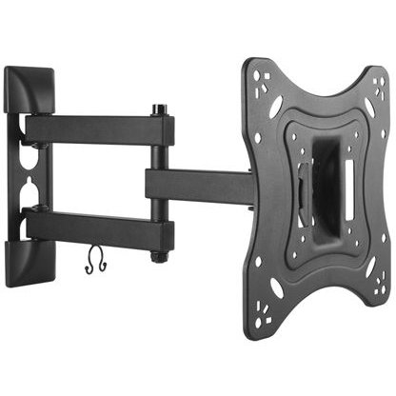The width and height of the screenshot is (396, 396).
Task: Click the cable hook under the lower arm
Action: (x=94, y=261)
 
